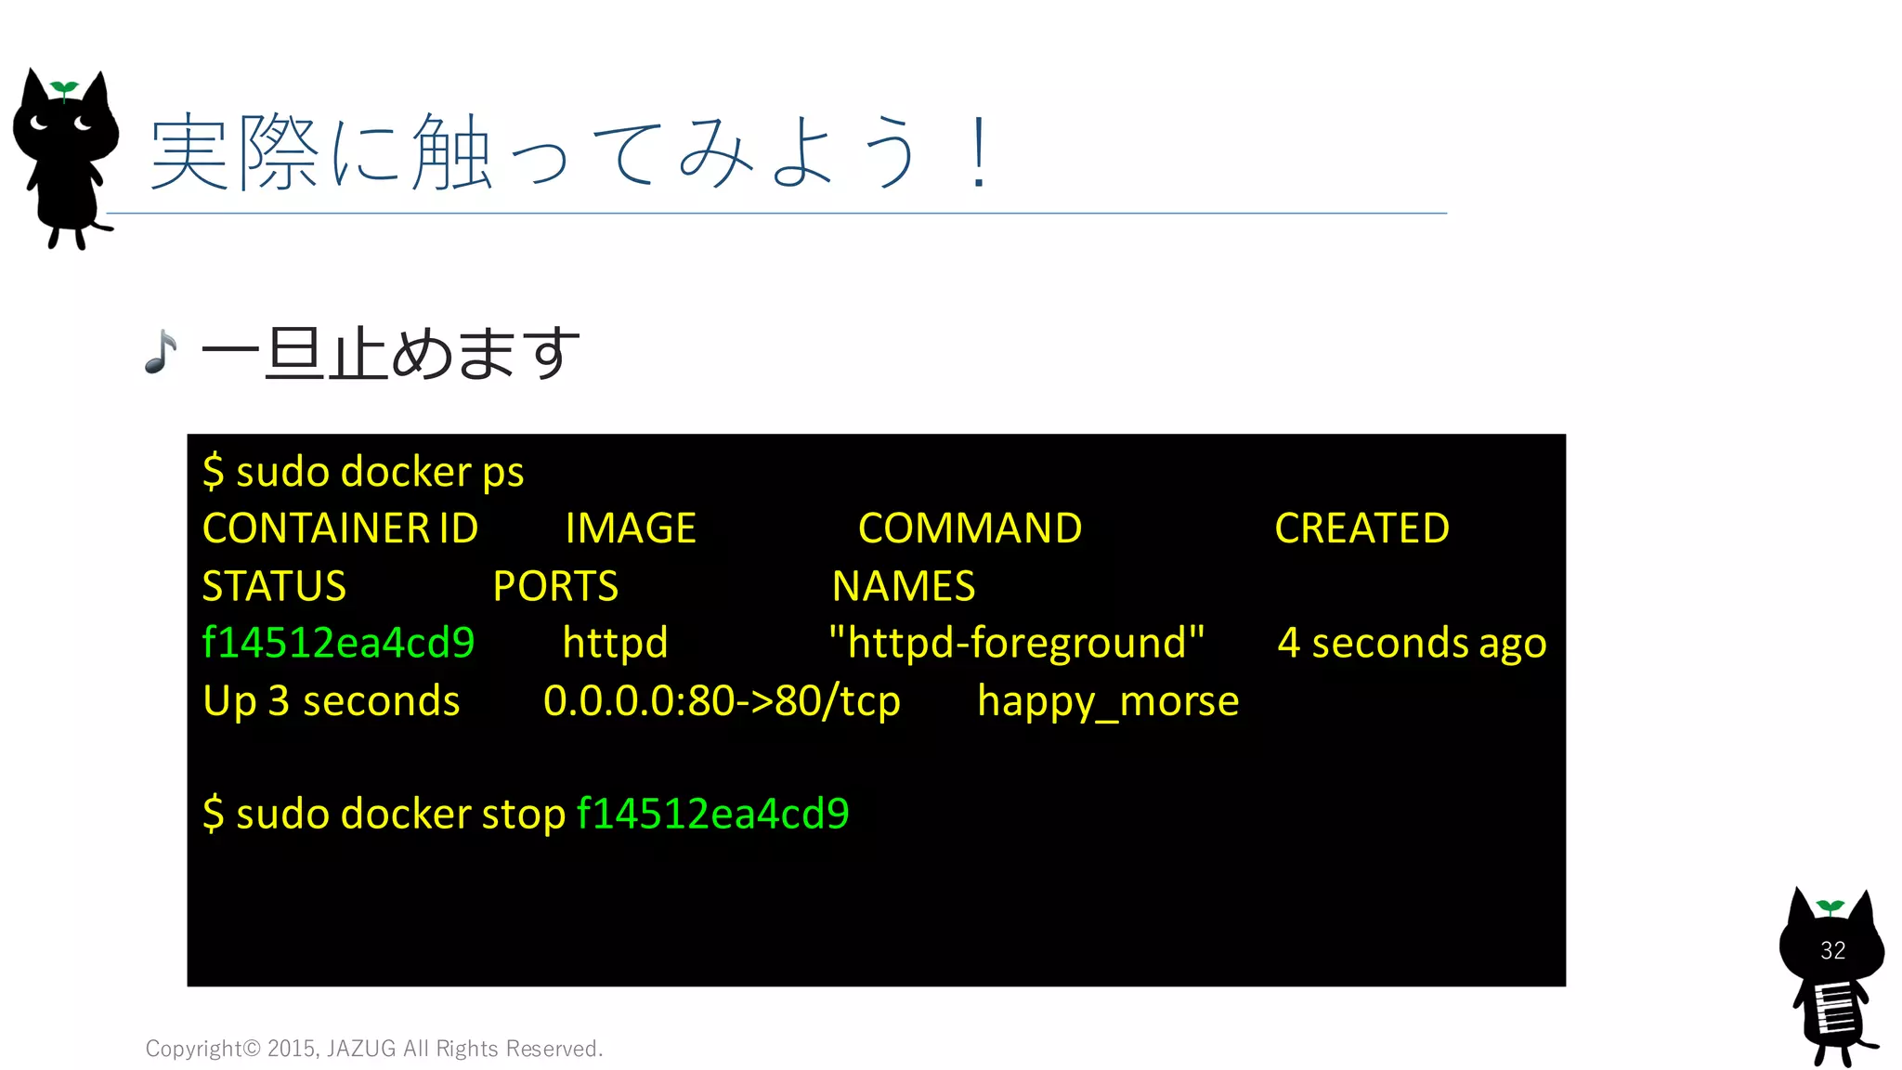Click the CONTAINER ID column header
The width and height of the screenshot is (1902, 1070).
(340, 528)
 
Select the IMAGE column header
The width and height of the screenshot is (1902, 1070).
(631, 528)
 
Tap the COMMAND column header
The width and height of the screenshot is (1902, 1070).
(970, 528)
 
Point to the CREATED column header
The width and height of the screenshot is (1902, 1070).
(1361, 528)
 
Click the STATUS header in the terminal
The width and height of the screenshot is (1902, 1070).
(274, 586)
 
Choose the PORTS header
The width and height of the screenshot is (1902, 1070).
(555, 586)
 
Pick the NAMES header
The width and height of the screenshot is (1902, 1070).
(904, 586)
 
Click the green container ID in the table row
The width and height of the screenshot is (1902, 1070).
(338, 643)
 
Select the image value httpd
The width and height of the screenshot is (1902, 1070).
(615, 643)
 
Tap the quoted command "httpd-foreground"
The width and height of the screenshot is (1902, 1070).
(1016, 643)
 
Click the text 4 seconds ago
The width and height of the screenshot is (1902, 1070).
(1412, 643)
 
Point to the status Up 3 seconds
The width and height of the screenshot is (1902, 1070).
(331, 701)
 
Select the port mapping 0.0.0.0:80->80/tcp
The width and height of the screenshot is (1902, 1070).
(722, 701)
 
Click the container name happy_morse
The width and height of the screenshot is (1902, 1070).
(1108, 701)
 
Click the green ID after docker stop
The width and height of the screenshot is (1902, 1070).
(712, 814)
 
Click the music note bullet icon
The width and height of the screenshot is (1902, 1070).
(161, 353)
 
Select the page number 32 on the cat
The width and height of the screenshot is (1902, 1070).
(1832, 950)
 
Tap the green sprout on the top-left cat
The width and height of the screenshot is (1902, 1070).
(63, 89)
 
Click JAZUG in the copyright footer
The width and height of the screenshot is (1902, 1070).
(361, 1049)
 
